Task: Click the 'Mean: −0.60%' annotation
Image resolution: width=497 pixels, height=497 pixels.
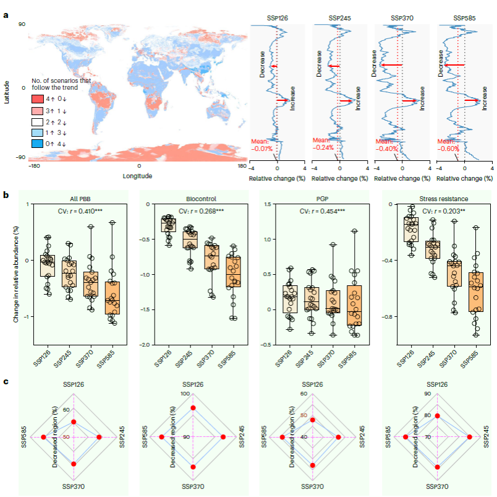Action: pos(449,145)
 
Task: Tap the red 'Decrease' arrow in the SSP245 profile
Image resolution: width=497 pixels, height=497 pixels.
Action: pos(334,66)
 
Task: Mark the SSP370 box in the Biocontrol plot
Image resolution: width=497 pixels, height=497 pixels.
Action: pos(213,257)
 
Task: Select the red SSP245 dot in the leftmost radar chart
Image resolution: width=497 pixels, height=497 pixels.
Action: pos(100,438)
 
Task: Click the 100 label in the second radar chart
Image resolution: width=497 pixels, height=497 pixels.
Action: pos(186,394)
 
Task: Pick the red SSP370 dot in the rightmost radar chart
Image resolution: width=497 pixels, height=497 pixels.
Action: pos(438,467)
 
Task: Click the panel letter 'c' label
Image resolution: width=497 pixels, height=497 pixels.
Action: pos(6,381)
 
